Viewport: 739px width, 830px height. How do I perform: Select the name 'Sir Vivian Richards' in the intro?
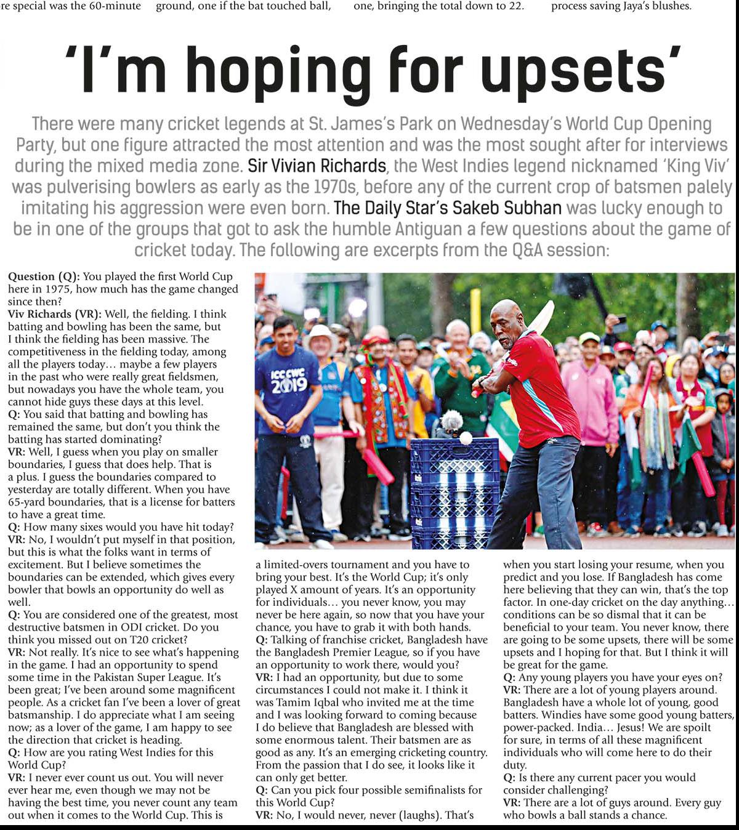tap(317, 166)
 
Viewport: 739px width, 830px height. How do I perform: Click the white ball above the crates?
tap(466, 438)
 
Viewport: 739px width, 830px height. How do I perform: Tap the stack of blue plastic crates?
tap(454, 493)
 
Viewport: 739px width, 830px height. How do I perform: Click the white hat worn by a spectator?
tap(320, 332)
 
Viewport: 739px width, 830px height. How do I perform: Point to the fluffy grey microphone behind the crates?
tap(451, 422)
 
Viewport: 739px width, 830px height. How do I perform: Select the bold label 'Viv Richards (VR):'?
tap(55, 314)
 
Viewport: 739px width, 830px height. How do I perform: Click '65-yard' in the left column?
tap(26, 502)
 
